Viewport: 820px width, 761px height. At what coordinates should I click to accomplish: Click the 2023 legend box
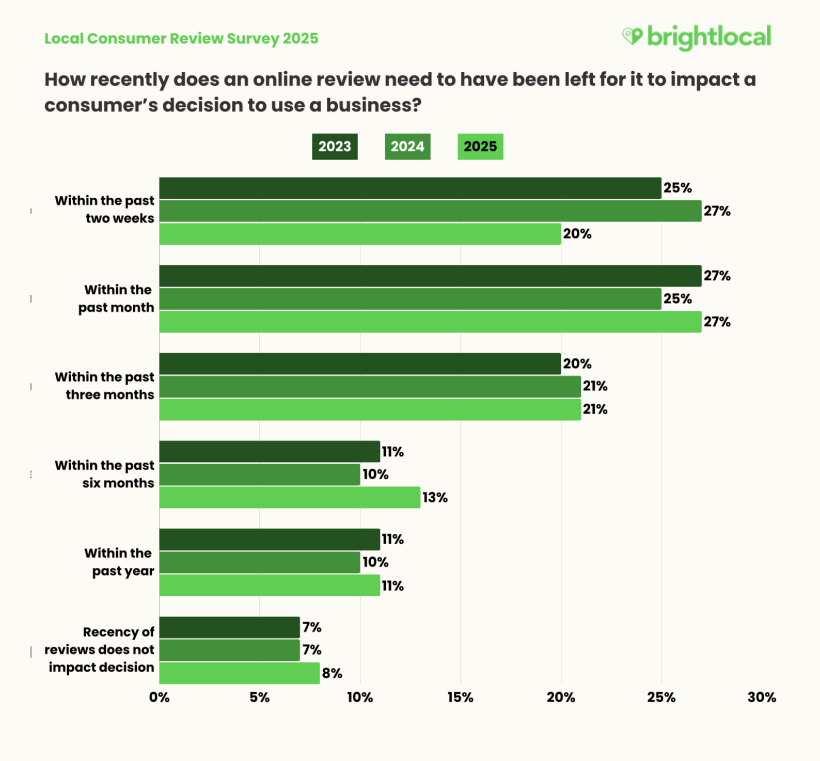coord(335,147)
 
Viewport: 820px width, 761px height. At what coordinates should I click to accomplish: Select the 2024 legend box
coord(407,147)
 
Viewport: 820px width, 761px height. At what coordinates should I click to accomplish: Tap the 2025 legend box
coord(480,147)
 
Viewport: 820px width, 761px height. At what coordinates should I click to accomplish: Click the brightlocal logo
coord(697,37)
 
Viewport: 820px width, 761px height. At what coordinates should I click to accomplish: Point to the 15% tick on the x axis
coord(460,697)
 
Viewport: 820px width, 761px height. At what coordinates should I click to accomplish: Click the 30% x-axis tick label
coord(762,697)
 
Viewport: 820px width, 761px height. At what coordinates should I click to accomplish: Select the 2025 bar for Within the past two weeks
coord(360,234)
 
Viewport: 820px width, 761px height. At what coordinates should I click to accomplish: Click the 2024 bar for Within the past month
coord(410,299)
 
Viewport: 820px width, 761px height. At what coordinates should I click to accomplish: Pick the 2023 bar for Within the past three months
coord(360,364)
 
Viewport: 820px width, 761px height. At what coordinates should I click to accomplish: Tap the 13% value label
coord(435,498)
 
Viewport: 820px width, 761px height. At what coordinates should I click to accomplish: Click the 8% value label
coord(332,673)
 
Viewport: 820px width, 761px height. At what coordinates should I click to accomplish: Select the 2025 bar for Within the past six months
coord(290,498)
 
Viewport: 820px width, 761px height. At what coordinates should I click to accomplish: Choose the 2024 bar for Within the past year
coord(260,562)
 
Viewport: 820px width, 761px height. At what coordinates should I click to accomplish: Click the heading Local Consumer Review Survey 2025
coord(181,39)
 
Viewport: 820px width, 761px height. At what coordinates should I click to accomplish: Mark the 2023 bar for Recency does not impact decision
coord(229,627)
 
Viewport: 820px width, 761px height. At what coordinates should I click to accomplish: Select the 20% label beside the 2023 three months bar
coord(577,364)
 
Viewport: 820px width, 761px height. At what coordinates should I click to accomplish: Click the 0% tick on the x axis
coord(159,697)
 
